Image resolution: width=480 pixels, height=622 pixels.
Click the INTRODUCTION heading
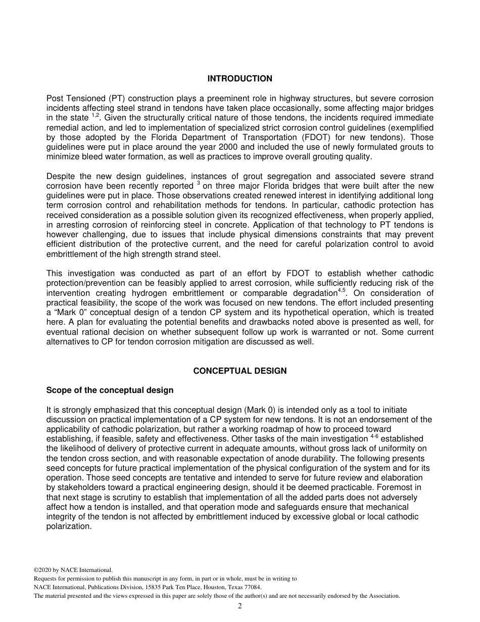pos(239,78)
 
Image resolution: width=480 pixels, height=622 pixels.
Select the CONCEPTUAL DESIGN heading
pos(239,371)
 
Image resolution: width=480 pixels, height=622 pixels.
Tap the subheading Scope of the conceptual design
pos(110,390)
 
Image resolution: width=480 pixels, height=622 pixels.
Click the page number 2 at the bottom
pos(240,606)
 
